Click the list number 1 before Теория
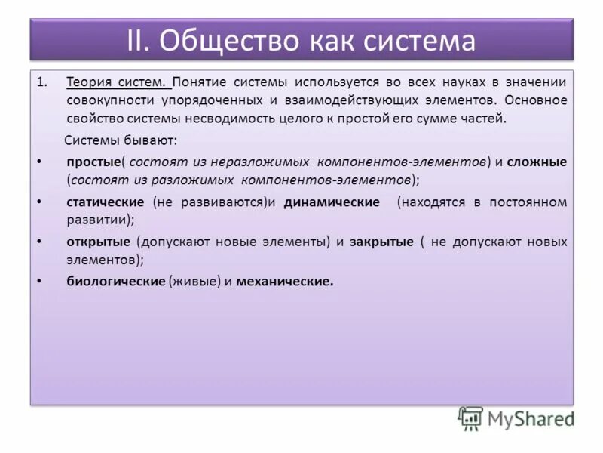click(42, 81)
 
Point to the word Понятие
click(200, 81)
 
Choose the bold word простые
click(93, 162)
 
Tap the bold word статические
click(105, 202)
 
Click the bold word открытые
click(99, 242)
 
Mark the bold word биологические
click(115, 282)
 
